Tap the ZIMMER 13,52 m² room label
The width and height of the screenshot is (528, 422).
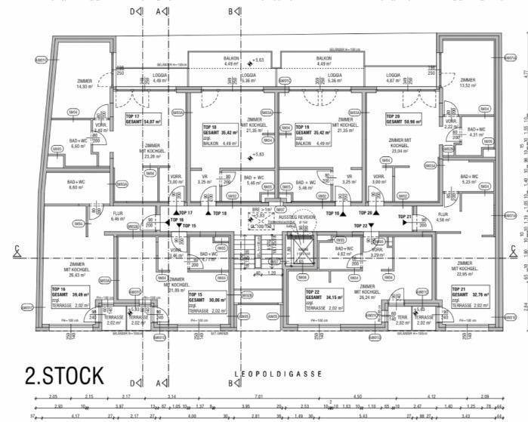(468, 82)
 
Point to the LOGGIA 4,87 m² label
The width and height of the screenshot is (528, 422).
(394, 78)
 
